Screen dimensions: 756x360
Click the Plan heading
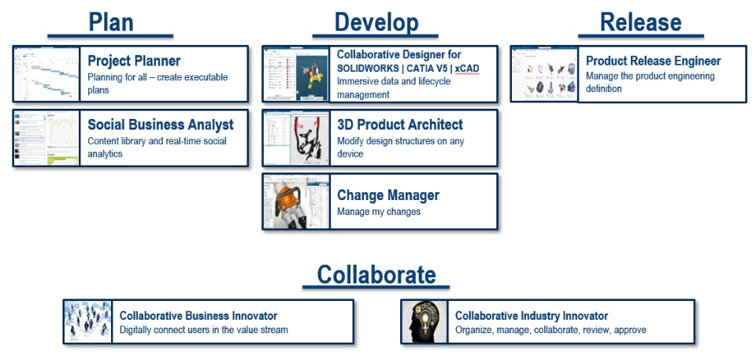[x=111, y=22]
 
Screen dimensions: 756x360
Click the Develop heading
[x=376, y=22]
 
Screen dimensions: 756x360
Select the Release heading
[x=641, y=22]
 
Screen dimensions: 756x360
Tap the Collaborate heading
[x=376, y=275]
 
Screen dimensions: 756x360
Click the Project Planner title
[x=134, y=61]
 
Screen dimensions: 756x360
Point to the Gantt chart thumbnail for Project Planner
[x=46, y=73]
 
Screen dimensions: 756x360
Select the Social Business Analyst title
[x=161, y=125]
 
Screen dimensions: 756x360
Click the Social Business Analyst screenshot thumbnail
[x=46, y=138]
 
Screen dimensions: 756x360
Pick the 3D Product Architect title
[x=400, y=124]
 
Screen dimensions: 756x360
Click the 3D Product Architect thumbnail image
[x=297, y=138]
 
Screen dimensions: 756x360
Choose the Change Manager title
[x=388, y=195]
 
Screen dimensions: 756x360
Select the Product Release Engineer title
[x=654, y=61]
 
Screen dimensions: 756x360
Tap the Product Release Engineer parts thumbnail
[x=544, y=74]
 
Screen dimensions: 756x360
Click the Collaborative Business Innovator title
[x=198, y=316]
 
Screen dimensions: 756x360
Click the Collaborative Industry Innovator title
[x=532, y=316]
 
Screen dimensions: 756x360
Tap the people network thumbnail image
[x=87, y=321]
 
